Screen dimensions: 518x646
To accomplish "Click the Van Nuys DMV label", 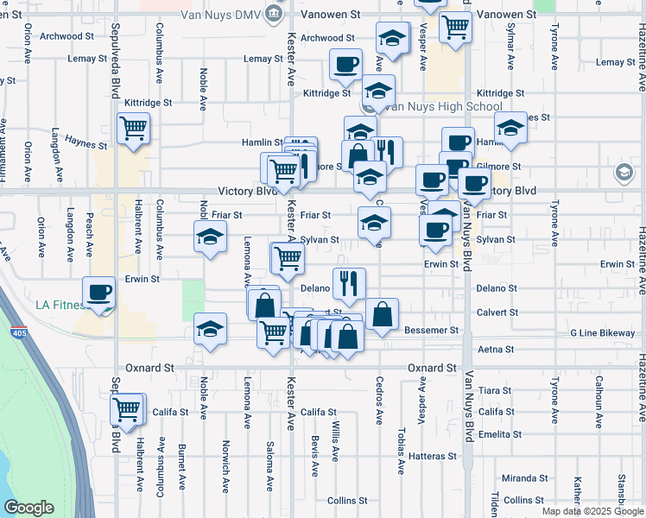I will [x=220, y=14].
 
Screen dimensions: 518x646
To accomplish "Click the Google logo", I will [x=28, y=508].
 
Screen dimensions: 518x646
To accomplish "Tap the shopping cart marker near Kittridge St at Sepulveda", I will [x=133, y=129].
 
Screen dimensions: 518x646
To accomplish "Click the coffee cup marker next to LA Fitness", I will [x=98, y=292].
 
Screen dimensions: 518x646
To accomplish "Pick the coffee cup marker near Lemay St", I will [x=345, y=63].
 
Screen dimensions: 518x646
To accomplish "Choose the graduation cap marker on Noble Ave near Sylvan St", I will [x=208, y=237].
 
